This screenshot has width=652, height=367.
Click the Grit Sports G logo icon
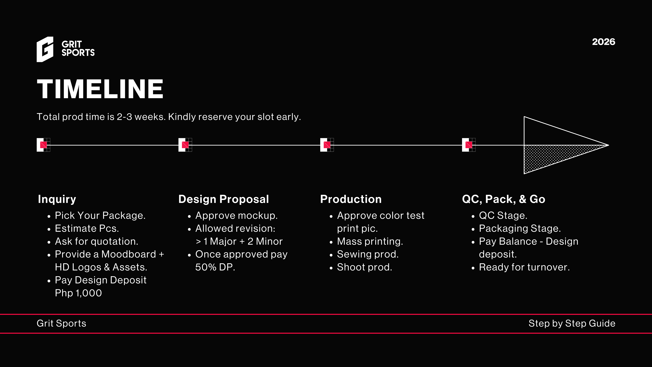coord(45,49)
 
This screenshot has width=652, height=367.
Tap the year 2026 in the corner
coord(603,42)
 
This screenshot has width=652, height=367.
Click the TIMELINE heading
coord(100,89)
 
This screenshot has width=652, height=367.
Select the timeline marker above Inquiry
coord(43,145)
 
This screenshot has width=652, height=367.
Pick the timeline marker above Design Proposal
coord(185,145)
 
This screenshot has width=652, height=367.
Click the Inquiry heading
coord(57,199)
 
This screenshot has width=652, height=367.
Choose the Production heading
coord(351,199)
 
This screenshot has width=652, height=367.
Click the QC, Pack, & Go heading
coord(504,199)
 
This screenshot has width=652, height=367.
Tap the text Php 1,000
coord(78,293)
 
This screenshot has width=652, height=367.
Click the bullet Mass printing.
coord(370,242)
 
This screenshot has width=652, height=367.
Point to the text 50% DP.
coord(215,267)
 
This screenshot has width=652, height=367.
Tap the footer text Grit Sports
coord(61,324)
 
